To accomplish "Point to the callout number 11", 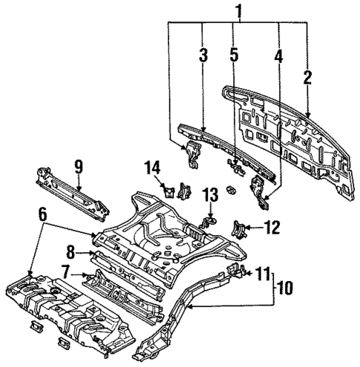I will tap(262, 274).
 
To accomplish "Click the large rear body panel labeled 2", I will tap(289, 141).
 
